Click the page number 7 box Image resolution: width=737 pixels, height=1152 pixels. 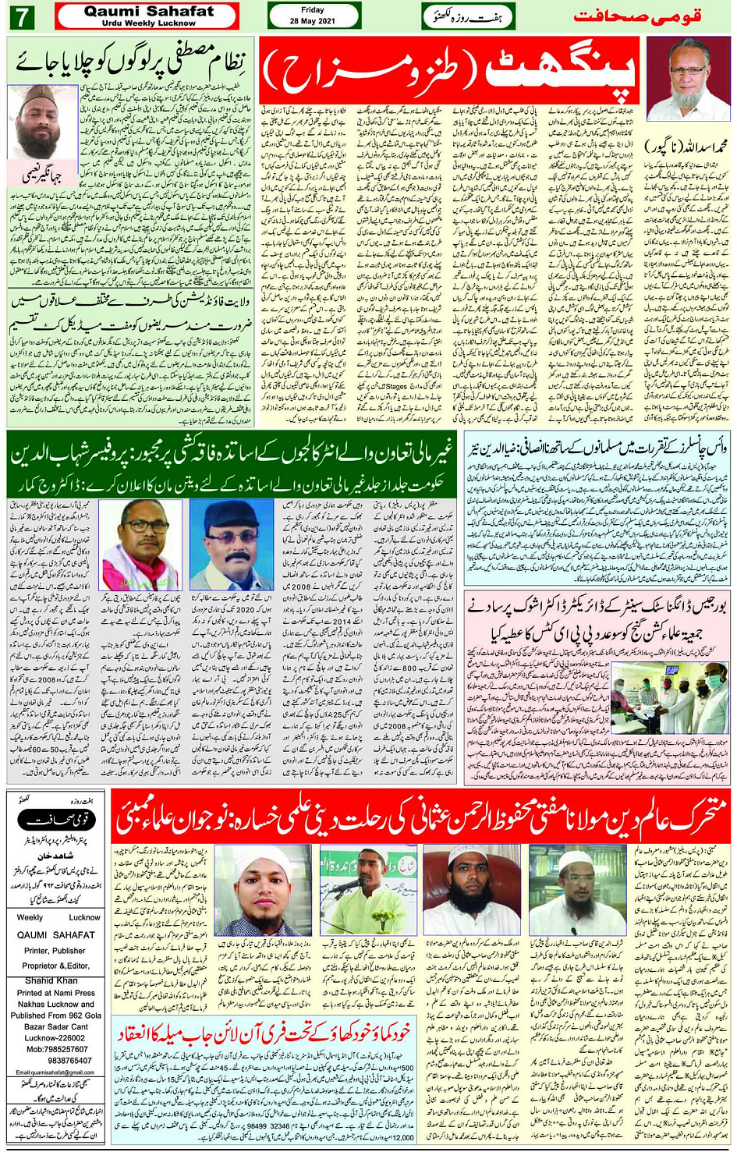(21, 16)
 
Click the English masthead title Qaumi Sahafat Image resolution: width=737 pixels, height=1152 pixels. (148, 11)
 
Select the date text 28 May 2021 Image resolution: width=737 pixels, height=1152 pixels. (312, 21)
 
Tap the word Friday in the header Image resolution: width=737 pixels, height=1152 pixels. (312, 10)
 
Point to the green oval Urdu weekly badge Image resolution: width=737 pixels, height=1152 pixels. (468, 16)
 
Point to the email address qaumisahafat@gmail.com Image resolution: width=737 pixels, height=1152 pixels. (55, 1072)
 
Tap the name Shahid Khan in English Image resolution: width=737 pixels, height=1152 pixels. (51, 980)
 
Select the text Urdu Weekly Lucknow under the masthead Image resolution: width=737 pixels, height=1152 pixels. (148, 23)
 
